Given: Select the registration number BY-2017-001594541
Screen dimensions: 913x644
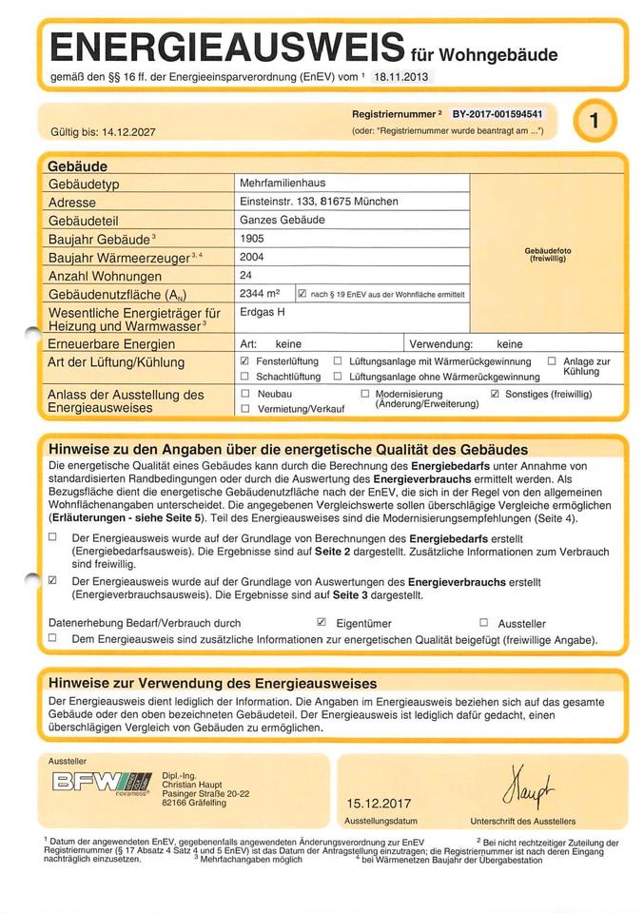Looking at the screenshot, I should coord(497,113).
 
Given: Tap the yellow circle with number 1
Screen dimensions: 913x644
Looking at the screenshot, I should coord(594,121).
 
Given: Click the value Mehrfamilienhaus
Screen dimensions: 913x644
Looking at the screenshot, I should coord(283,184).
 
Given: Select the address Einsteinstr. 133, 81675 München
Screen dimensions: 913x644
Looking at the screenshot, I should coord(319,202).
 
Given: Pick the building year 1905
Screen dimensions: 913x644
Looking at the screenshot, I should coord(253,239).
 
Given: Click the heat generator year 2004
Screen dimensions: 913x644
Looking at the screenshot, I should coord(253,257).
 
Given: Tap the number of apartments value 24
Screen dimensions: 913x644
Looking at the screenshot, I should coord(247,275).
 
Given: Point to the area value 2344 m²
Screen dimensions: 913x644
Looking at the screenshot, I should coord(260,294).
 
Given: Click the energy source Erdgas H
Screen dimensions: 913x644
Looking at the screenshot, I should coord(263,312).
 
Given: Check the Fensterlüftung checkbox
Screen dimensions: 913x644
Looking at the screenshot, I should coord(245,361).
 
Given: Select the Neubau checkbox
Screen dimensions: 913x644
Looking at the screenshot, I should coord(245,393).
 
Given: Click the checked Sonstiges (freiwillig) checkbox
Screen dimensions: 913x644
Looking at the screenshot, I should coord(495,393).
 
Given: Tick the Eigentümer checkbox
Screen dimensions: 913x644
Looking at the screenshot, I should coord(322,622).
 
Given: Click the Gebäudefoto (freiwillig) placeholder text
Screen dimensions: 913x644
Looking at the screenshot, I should coord(547,254).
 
